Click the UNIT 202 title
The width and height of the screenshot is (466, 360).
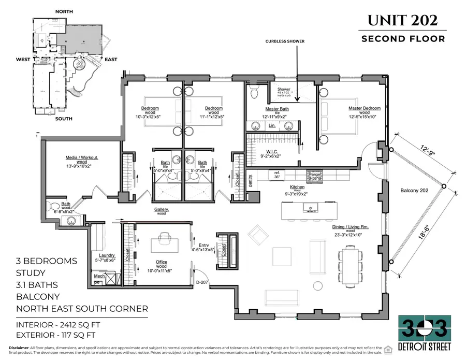403,20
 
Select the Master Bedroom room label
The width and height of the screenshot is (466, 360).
364,110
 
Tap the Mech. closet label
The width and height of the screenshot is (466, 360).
98,276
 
